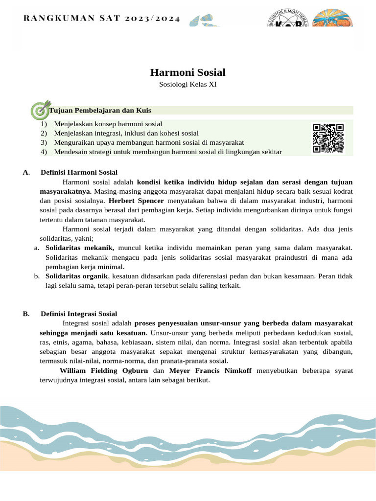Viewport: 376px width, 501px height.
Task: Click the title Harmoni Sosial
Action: click(x=188, y=72)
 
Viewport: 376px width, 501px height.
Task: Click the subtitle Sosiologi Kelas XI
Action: click(x=188, y=85)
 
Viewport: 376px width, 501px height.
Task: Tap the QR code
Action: click(x=328, y=138)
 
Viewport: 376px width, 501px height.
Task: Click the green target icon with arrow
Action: click(x=40, y=110)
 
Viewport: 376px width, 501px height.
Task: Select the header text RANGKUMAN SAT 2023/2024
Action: click(x=102, y=19)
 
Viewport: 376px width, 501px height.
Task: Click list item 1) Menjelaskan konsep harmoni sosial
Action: click(x=108, y=124)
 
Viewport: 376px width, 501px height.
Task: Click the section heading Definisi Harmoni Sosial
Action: click(x=79, y=172)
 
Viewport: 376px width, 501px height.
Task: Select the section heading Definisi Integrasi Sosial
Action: click(x=79, y=314)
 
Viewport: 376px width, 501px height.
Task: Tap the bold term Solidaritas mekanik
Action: click(x=80, y=248)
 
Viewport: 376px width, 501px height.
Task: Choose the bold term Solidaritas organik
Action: click(x=75, y=276)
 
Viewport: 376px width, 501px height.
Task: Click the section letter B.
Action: click(x=25, y=314)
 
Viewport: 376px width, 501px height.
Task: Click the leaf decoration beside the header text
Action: click(x=204, y=20)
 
